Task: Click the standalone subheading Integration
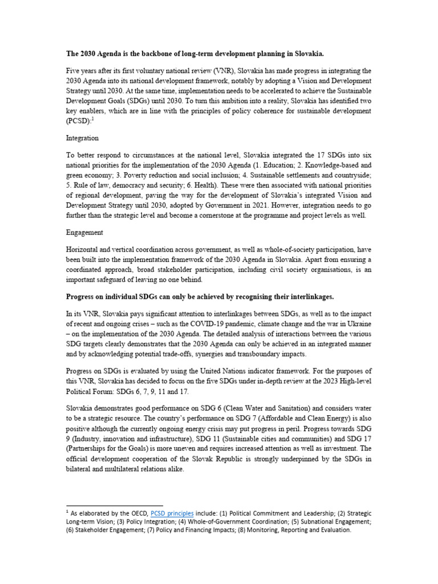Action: click(83, 138)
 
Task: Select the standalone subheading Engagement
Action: click(84, 233)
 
